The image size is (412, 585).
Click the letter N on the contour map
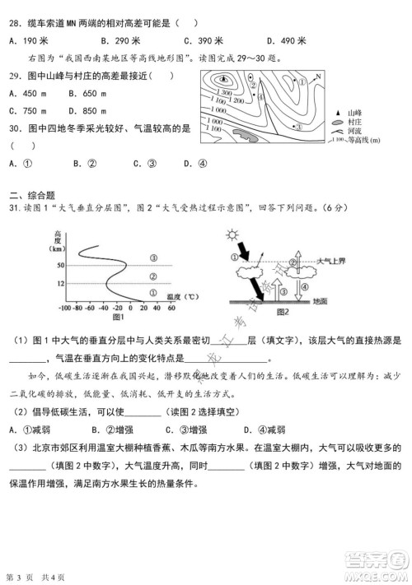pyautogui.click(x=319, y=77)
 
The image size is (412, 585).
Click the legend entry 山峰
pyautogui.click(x=355, y=112)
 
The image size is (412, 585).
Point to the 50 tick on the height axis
pyautogui.click(x=59, y=265)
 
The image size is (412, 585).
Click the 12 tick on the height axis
pyautogui.click(x=59, y=283)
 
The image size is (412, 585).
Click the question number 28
pyautogui.click(x=14, y=23)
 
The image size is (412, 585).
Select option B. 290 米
pyautogui.click(x=119, y=40)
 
